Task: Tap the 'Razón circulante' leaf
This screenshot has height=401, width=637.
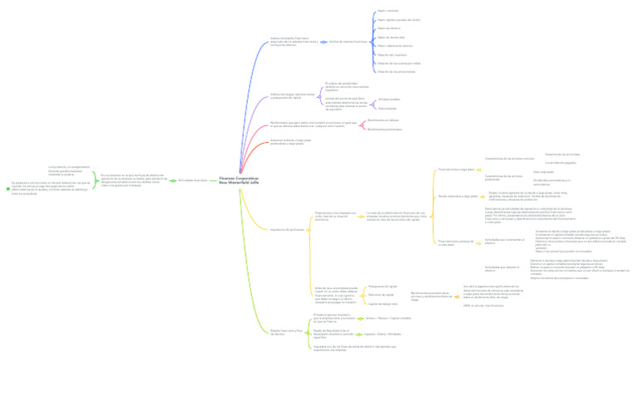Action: [x=387, y=11]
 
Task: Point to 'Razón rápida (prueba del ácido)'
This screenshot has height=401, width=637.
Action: [x=398, y=19]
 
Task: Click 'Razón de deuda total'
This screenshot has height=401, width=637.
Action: [x=391, y=37]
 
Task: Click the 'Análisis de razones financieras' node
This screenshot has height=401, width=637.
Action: [x=348, y=41]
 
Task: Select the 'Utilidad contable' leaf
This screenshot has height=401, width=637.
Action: [x=388, y=100]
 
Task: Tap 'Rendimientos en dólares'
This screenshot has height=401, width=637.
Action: [x=382, y=120]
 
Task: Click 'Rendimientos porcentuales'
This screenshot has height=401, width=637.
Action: [x=384, y=129]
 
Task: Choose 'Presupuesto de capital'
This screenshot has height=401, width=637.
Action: [x=382, y=286]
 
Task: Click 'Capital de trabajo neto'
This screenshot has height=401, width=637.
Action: [x=384, y=303]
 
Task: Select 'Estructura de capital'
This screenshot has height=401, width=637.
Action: [x=381, y=295]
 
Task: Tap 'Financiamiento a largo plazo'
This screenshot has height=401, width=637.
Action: [x=456, y=169]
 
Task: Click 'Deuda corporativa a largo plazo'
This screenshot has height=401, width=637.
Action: [x=458, y=196]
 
